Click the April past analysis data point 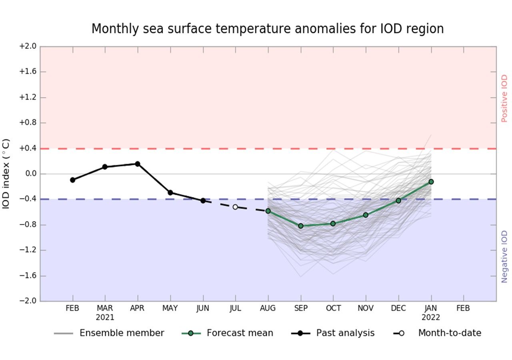click(x=138, y=164)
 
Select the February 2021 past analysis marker click(x=72, y=180)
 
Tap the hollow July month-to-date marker click(x=235, y=207)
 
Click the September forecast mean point click(x=301, y=226)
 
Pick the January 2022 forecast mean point click(x=431, y=182)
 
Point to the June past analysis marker click(x=203, y=200)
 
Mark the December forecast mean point click(x=398, y=200)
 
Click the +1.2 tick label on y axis click(x=27, y=97)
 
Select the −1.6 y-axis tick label click(x=27, y=276)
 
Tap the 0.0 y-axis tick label click(x=29, y=174)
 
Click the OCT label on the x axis click(x=333, y=308)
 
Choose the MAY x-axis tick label click(x=170, y=308)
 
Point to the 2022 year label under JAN click(x=431, y=318)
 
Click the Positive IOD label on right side click(x=504, y=98)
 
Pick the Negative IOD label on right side click(x=504, y=256)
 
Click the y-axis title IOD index click(x=6, y=174)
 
